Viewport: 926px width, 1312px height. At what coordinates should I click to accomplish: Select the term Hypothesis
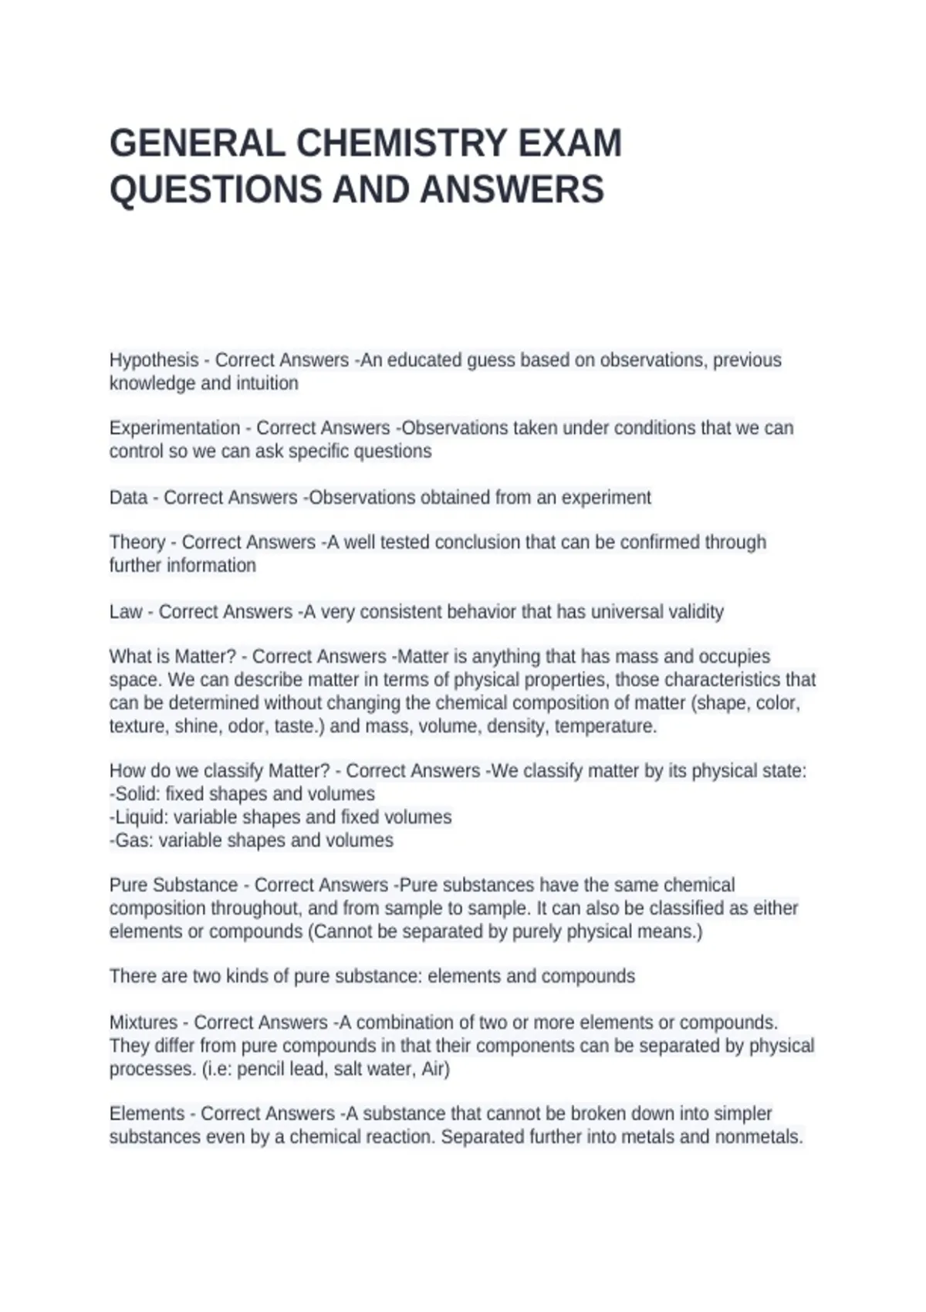click(154, 360)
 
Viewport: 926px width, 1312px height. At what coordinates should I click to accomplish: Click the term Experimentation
click(174, 428)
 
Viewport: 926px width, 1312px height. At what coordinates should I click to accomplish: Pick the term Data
click(128, 498)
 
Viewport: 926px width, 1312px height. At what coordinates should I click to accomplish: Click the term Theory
click(137, 543)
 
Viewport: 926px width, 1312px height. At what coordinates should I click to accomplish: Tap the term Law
click(125, 612)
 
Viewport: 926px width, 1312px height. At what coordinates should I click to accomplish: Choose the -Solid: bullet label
click(135, 794)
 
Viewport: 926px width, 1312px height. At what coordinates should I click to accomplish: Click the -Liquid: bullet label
click(139, 817)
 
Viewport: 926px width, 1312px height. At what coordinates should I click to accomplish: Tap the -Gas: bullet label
click(131, 840)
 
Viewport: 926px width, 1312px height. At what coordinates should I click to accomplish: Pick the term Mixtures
click(143, 1023)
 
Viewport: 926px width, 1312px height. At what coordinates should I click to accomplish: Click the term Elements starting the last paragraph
click(147, 1114)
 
